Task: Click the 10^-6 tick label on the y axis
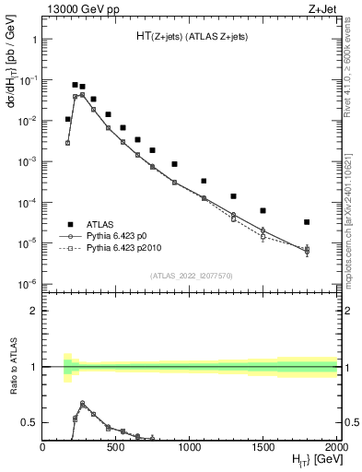coord(28,284)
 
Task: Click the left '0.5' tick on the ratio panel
coord(29,422)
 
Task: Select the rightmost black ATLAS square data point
coord(307,222)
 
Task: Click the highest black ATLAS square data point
coord(75,85)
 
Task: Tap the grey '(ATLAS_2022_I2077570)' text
coord(190,275)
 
